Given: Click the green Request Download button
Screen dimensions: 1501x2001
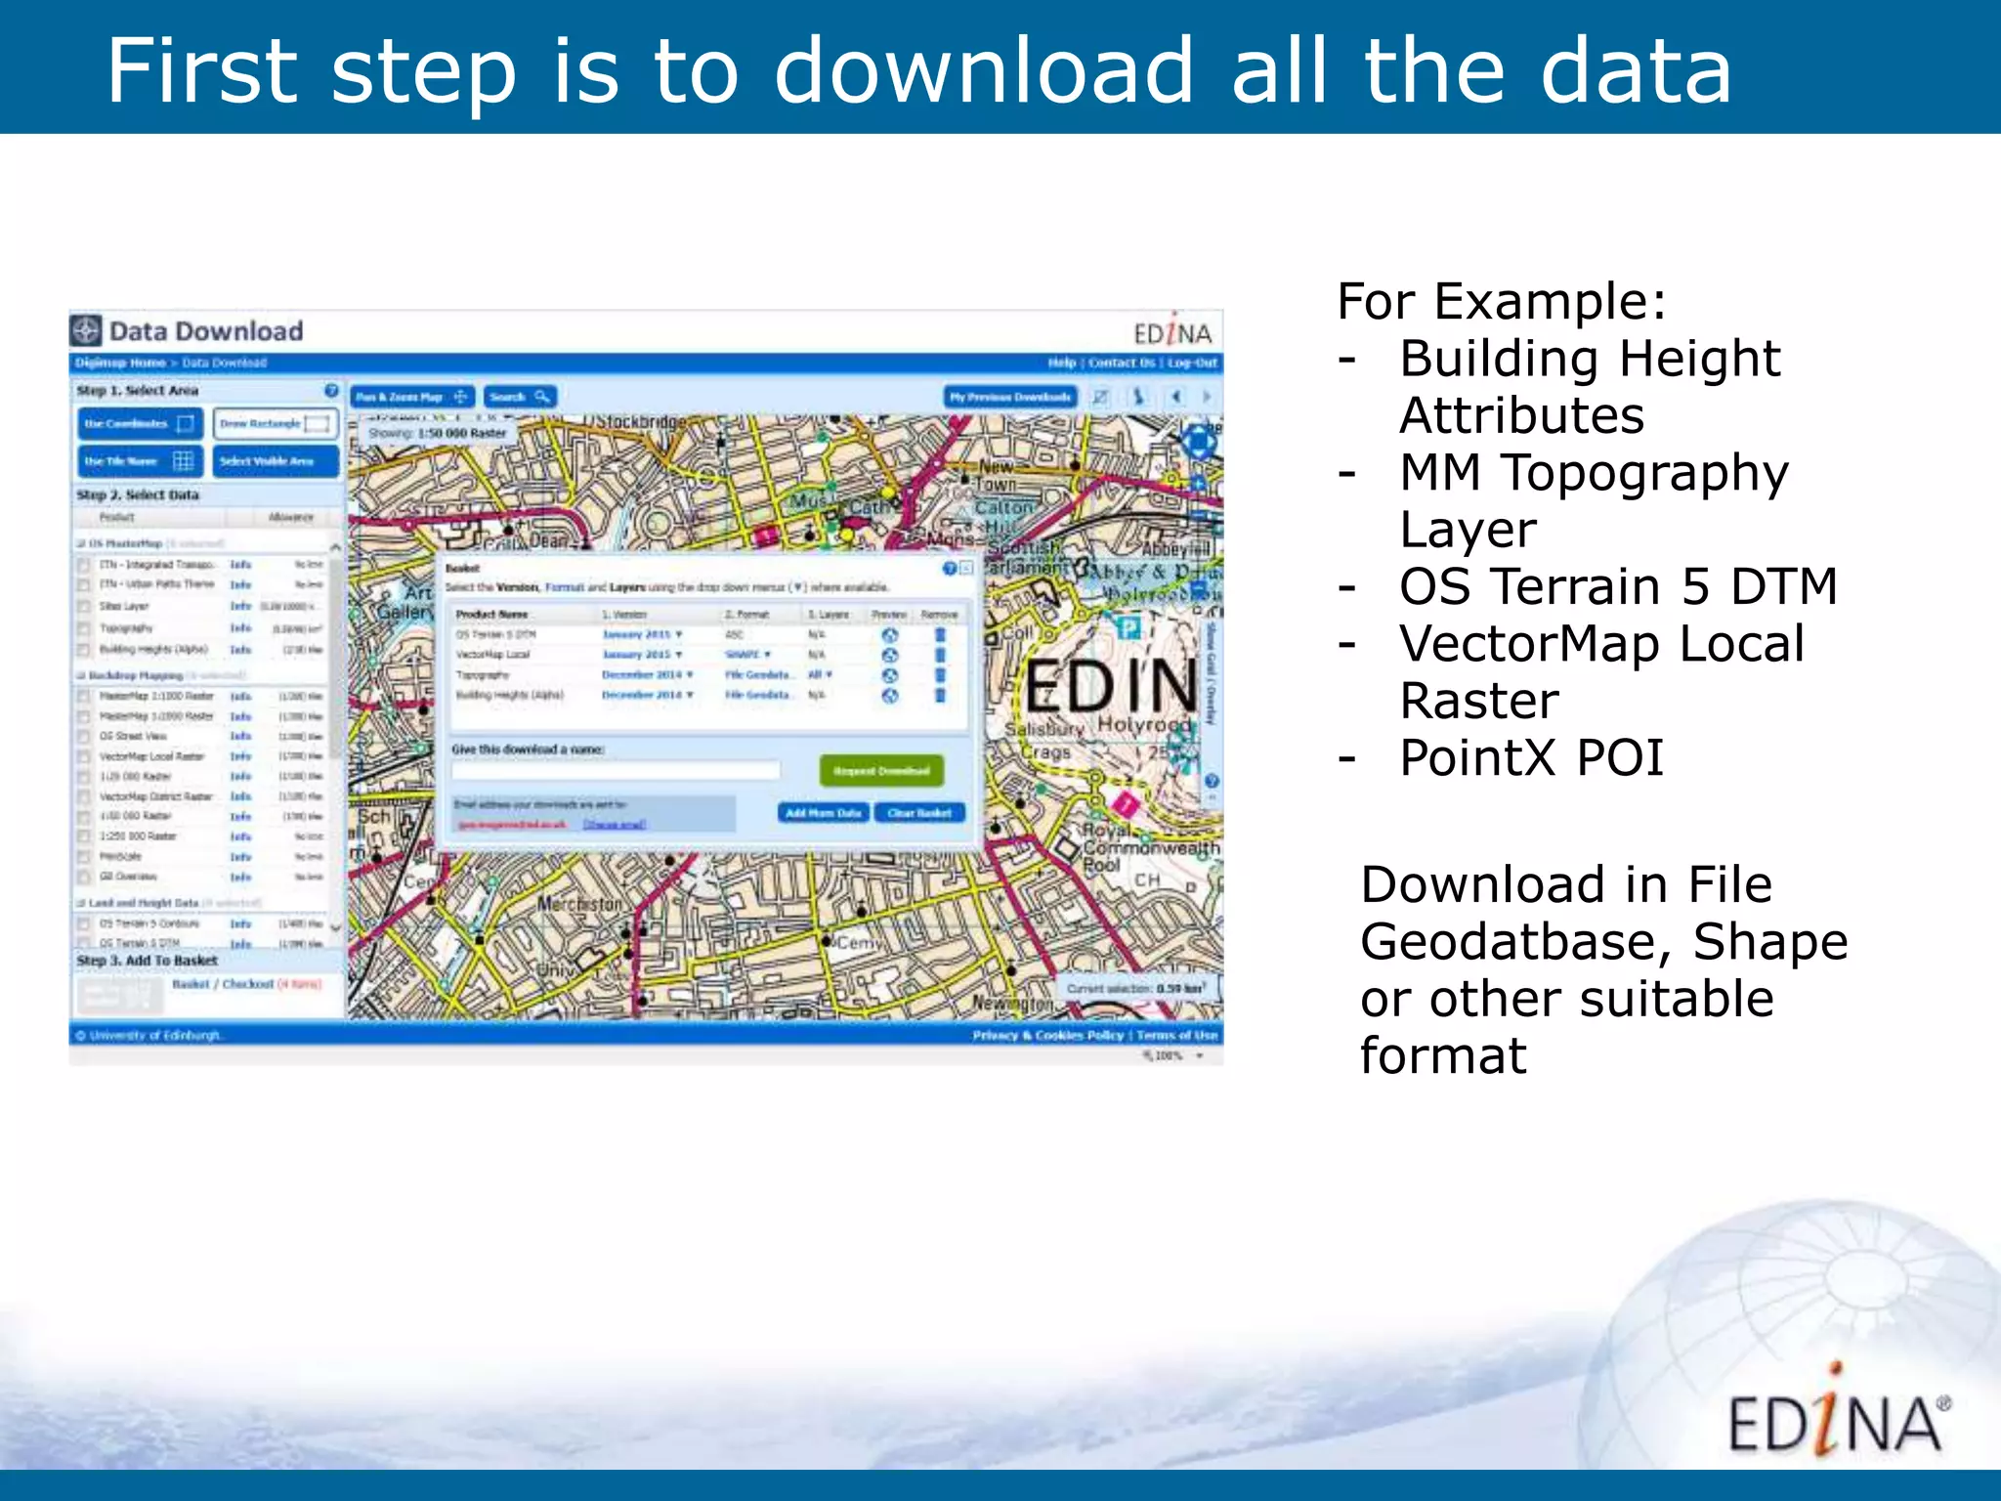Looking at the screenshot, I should tap(881, 771).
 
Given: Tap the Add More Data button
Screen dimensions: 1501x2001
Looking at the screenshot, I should tap(823, 813).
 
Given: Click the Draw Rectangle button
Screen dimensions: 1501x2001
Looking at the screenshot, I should tap(275, 424).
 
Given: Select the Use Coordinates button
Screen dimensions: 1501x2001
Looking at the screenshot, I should tap(139, 424).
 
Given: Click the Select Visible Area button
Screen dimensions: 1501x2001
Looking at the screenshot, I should tap(275, 461).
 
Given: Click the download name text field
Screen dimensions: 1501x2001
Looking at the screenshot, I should tap(616, 771).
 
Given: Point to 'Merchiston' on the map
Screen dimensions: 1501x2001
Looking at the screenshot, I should tap(579, 904).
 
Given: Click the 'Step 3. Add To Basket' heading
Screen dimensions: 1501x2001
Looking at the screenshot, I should tap(148, 961).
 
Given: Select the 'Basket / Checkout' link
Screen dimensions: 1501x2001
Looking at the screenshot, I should tap(223, 984).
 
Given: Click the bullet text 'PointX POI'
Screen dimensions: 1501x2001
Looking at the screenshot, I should tap(1530, 758).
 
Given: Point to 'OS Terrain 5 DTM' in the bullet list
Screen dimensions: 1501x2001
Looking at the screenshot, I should tap(1617, 587).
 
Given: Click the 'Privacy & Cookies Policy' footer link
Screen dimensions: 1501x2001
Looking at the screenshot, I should tap(1047, 1035).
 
